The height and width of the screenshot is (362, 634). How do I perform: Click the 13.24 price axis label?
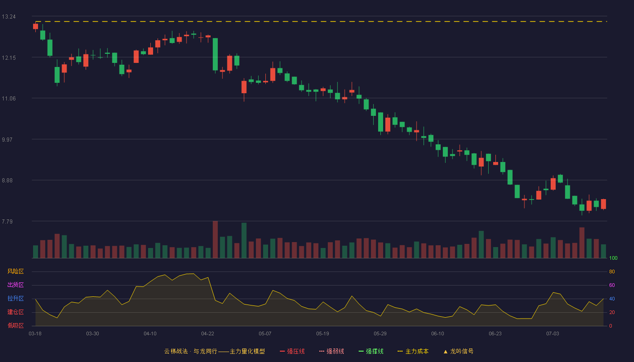(x=9, y=17)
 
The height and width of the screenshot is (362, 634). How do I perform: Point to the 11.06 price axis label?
(x=9, y=99)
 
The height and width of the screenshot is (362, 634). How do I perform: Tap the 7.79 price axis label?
(x=7, y=221)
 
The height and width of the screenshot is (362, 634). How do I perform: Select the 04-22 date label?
(x=207, y=334)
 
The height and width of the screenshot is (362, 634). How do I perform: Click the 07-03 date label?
(x=552, y=334)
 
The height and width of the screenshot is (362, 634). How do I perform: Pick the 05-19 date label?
(x=322, y=334)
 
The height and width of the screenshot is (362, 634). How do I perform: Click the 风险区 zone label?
(x=15, y=271)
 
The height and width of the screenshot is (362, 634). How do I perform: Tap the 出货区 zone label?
(x=15, y=285)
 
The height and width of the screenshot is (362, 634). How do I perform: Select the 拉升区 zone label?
(x=15, y=298)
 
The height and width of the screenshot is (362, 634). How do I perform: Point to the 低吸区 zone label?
(x=15, y=325)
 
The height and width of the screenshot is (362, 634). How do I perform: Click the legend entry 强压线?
(x=292, y=351)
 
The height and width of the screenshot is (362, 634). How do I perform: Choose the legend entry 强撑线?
(x=371, y=351)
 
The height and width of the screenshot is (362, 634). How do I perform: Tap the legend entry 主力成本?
(x=413, y=351)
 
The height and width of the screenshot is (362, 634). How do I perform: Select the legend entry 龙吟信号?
(x=458, y=351)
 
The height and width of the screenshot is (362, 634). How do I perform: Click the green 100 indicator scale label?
(x=613, y=258)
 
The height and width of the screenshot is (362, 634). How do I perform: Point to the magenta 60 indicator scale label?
(x=612, y=285)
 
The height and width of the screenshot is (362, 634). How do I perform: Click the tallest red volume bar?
(x=215, y=239)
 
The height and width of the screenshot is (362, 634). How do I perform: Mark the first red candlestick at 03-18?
(x=35, y=27)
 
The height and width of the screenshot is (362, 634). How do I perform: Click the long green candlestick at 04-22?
(x=215, y=54)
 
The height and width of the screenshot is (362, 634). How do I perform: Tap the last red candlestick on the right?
(x=603, y=204)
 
